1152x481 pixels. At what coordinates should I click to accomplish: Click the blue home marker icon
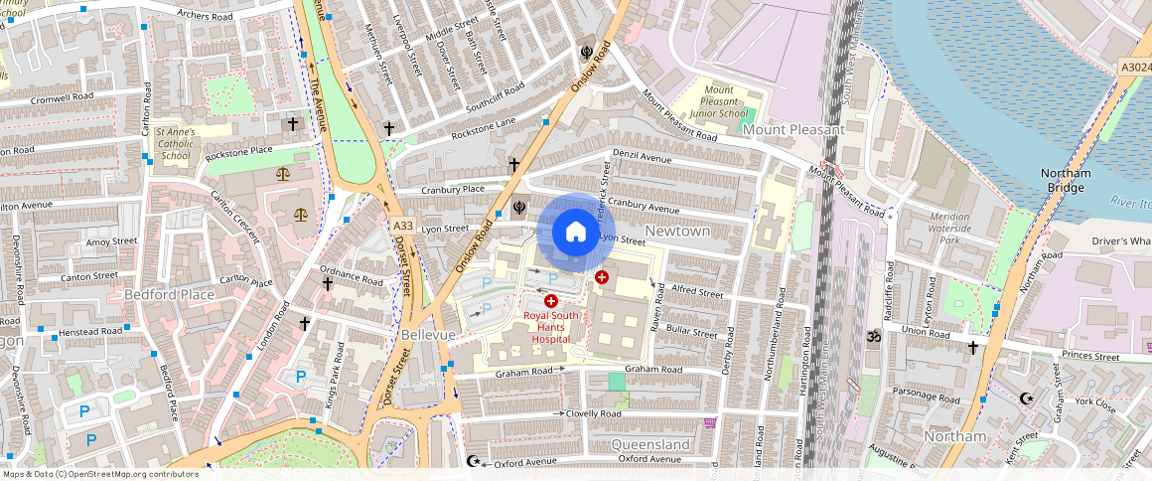tap(575, 233)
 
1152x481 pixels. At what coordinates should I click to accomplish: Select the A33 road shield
tap(401, 225)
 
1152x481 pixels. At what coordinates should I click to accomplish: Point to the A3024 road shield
tap(1134, 67)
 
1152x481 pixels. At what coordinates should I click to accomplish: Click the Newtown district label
tap(677, 231)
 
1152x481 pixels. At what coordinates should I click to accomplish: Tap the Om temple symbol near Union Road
tap(874, 337)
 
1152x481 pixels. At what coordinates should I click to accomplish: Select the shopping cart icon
tap(710, 422)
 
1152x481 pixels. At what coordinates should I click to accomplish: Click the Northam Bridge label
tap(1066, 180)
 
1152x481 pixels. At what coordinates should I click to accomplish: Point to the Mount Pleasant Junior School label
tap(719, 101)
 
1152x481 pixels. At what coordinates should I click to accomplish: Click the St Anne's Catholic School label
tap(176, 143)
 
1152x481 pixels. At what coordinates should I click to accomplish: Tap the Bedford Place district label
tap(169, 295)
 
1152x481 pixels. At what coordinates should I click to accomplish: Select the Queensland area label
tap(650, 443)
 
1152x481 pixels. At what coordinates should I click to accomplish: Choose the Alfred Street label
tap(697, 293)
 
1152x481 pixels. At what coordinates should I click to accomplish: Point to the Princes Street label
tap(1090, 356)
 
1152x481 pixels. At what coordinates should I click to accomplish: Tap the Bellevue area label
tap(428, 335)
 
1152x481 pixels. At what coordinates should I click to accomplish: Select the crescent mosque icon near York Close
tap(1027, 399)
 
